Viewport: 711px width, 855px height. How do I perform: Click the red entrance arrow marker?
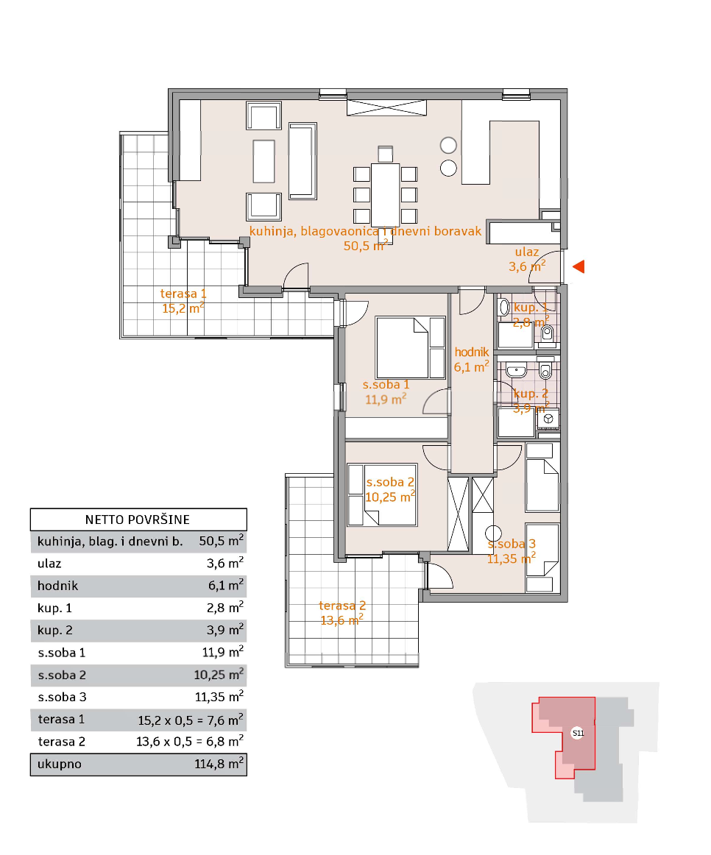click(579, 266)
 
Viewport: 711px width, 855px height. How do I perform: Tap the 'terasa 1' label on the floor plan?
click(183, 294)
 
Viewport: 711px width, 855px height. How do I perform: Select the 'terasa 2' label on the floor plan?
click(342, 606)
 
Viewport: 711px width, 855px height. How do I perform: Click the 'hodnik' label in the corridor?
click(472, 352)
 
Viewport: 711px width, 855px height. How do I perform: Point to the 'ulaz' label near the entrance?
click(527, 252)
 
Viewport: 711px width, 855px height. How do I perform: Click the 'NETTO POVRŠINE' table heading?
click(138, 519)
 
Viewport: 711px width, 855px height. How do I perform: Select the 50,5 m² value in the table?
click(221, 541)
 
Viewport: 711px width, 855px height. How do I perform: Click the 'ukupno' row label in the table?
click(60, 764)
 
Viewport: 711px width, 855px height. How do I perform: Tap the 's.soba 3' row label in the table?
click(62, 698)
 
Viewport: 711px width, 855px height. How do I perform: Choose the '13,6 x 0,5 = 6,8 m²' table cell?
click(190, 742)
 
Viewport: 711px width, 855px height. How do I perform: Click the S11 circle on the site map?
click(578, 733)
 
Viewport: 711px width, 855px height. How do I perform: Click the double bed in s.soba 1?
click(411, 348)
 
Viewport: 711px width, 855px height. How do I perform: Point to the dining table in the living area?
click(385, 195)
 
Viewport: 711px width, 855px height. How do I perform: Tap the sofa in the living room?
click(302, 160)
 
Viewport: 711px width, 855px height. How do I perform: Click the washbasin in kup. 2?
click(516, 372)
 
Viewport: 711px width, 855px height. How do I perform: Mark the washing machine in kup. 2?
click(548, 419)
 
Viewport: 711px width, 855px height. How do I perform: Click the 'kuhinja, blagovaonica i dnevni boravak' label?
click(365, 231)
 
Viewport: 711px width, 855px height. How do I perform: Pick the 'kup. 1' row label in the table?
click(54, 609)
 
